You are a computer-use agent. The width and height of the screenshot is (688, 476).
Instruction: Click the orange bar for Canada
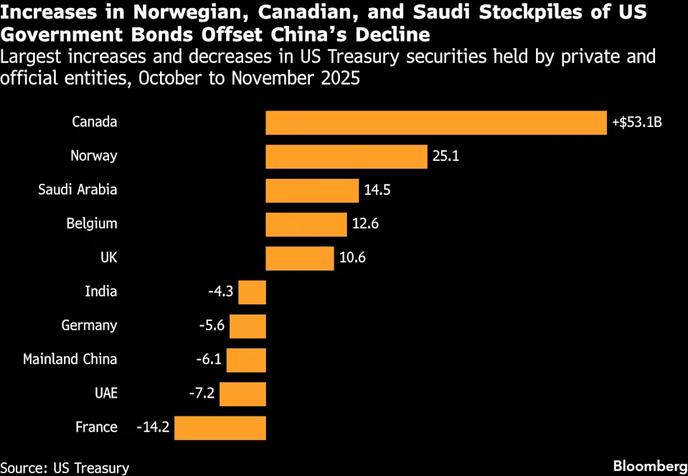click(436, 122)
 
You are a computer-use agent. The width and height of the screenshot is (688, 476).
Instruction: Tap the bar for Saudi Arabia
click(312, 190)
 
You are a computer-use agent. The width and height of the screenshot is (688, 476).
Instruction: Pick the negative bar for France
click(220, 428)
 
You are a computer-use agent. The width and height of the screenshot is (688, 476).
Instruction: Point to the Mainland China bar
click(246, 360)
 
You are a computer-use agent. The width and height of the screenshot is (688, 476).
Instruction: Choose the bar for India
click(252, 292)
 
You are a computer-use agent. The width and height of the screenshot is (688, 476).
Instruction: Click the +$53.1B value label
click(636, 122)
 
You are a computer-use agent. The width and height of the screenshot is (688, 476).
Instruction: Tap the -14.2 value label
click(153, 428)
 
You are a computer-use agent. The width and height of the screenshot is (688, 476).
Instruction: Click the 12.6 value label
click(365, 224)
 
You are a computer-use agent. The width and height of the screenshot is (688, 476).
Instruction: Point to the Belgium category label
click(91, 223)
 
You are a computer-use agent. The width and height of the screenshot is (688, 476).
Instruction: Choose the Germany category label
click(89, 325)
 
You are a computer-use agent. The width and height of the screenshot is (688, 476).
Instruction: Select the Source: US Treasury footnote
click(65, 467)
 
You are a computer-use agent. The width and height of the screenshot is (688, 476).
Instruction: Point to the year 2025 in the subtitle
click(337, 77)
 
